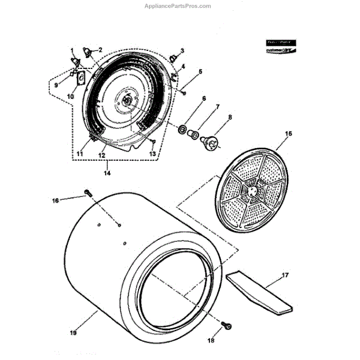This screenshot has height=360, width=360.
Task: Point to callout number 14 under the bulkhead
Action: (107, 173)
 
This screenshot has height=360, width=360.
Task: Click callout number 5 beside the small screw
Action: (200, 71)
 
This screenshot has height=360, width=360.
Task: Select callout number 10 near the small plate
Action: (70, 96)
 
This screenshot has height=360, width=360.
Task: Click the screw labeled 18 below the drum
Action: (228, 325)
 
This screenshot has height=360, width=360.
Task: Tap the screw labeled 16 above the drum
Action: (89, 193)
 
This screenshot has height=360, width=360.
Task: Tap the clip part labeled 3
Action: (173, 58)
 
